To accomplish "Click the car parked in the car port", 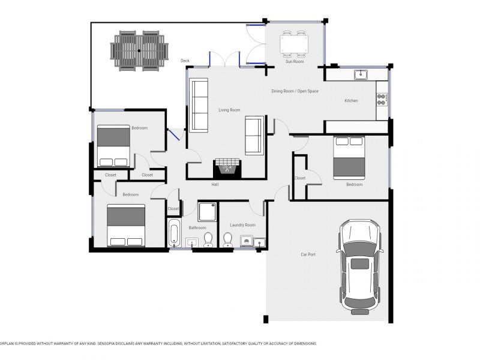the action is (x=359, y=267).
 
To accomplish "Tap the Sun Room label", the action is (x=295, y=62).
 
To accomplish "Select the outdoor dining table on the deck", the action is (x=139, y=51).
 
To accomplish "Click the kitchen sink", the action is (x=361, y=74).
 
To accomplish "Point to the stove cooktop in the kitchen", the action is (x=382, y=100).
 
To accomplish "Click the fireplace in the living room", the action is (x=227, y=169).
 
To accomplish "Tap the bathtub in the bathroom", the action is (x=174, y=233).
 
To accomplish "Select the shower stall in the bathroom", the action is (x=207, y=212).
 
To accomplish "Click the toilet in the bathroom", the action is (x=208, y=239).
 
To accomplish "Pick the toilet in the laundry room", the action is (x=228, y=239).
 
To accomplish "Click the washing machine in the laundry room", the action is (x=247, y=241).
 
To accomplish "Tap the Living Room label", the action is (x=229, y=110).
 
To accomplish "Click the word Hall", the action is (x=215, y=185).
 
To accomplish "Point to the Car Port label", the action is (x=308, y=254).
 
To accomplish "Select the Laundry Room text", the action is (x=242, y=225).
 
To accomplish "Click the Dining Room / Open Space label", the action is (x=295, y=91).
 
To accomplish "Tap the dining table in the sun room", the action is (x=294, y=44).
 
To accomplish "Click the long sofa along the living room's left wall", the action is (x=199, y=105).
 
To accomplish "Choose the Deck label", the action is (x=185, y=61).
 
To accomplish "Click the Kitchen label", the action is (x=351, y=100).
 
